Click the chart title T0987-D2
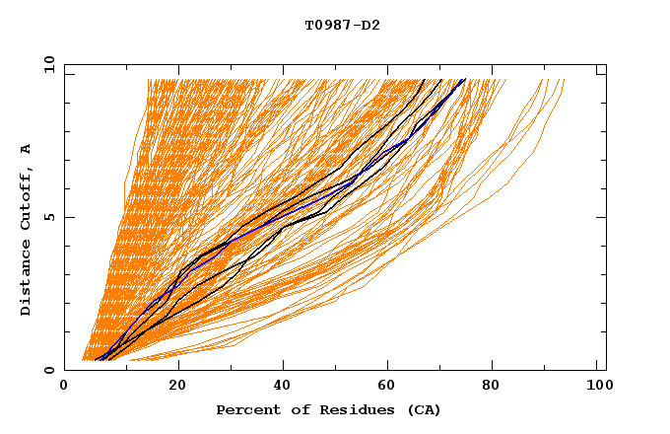pyautogui.click(x=342, y=25)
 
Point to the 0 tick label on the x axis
pyautogui.click(x=64, y=386)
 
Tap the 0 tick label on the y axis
pyautogui.click(x=48, y=370)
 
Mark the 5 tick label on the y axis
pyautogui.click(x=48, y=217)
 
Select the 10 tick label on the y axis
pyautogui.click(x=45, y=64)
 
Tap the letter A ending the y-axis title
pyautogui.click(x=27, y=149)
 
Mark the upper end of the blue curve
pyautogui.click(x=464, y=80)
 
